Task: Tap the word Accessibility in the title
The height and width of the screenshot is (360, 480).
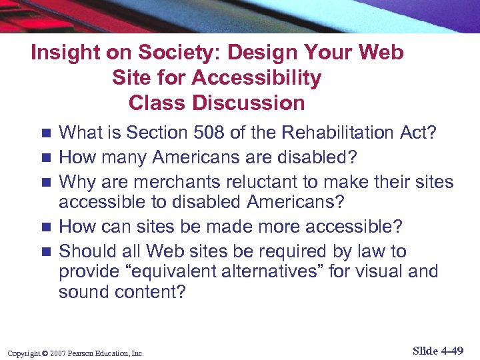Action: point(256,78)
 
